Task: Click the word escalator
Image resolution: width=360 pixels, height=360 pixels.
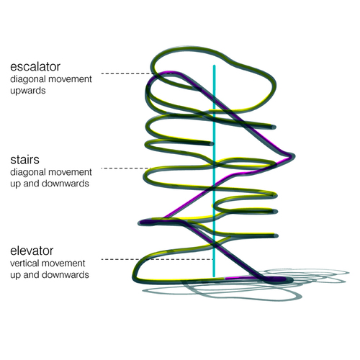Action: (35, 67)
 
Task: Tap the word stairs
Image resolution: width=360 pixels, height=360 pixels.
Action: (24, 160)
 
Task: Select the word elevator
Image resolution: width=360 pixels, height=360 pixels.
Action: (32, 251)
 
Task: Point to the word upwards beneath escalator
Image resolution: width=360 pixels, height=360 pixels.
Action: (28, 91)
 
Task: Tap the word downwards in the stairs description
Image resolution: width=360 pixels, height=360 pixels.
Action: (66, 184)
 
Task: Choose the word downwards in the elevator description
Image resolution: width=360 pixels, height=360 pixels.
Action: (66, 275)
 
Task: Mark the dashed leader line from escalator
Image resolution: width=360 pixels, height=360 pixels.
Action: (128, 73)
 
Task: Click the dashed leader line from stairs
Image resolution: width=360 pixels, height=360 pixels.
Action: (127, 168)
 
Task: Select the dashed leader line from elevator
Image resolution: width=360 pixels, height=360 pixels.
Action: (157, 259)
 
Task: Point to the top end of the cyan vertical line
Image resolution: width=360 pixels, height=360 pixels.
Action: (214, 66)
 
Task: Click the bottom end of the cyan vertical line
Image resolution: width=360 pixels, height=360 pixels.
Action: (214, 276)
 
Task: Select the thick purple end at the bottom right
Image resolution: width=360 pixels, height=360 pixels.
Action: (279, 279)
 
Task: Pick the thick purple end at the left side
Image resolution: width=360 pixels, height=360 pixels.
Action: (146, 222)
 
